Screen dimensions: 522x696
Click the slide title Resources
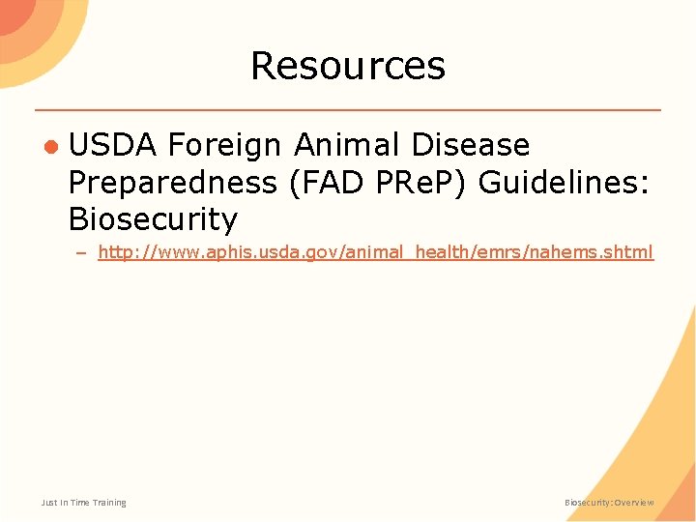pos(348,66)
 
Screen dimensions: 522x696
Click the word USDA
pos(112,146)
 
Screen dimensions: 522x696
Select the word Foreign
pos(223,146)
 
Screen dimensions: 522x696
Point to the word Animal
pos(345,146)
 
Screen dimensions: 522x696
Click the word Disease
pos(470,146)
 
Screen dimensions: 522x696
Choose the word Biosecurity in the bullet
pos(153,219)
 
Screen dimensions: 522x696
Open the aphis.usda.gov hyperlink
pos(375,252)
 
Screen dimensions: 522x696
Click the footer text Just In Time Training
pos(83,503)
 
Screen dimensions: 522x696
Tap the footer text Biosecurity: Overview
pos(609,503)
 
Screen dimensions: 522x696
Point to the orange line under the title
pos(348,109)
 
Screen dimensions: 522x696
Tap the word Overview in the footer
pos(634,503)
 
